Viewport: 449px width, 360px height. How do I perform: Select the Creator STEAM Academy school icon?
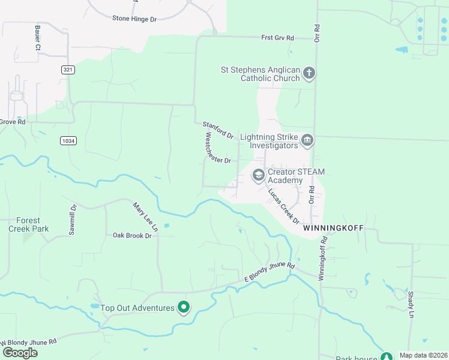click(x=259, y=175)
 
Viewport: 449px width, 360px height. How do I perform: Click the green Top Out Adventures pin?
click(x=184, y=308)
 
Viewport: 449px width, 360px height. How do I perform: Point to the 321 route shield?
click(x=68, y=70)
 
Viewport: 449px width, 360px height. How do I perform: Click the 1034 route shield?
click(x=68, y=141)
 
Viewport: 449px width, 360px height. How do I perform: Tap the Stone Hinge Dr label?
click(x=134, y=19)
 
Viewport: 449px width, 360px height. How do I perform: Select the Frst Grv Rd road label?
click(x=278, y=38)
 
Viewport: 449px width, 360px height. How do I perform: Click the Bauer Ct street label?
click(x=38, y=37)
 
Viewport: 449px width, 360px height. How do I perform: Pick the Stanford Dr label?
click(x=218, y=130)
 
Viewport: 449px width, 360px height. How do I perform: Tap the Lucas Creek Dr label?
click(x=283, y=206)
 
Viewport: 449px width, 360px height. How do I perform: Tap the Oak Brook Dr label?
click(x=133, y=236)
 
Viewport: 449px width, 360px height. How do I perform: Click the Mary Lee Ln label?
click(x=145, y=217)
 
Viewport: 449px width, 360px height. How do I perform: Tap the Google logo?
click(x=20, y=352)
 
